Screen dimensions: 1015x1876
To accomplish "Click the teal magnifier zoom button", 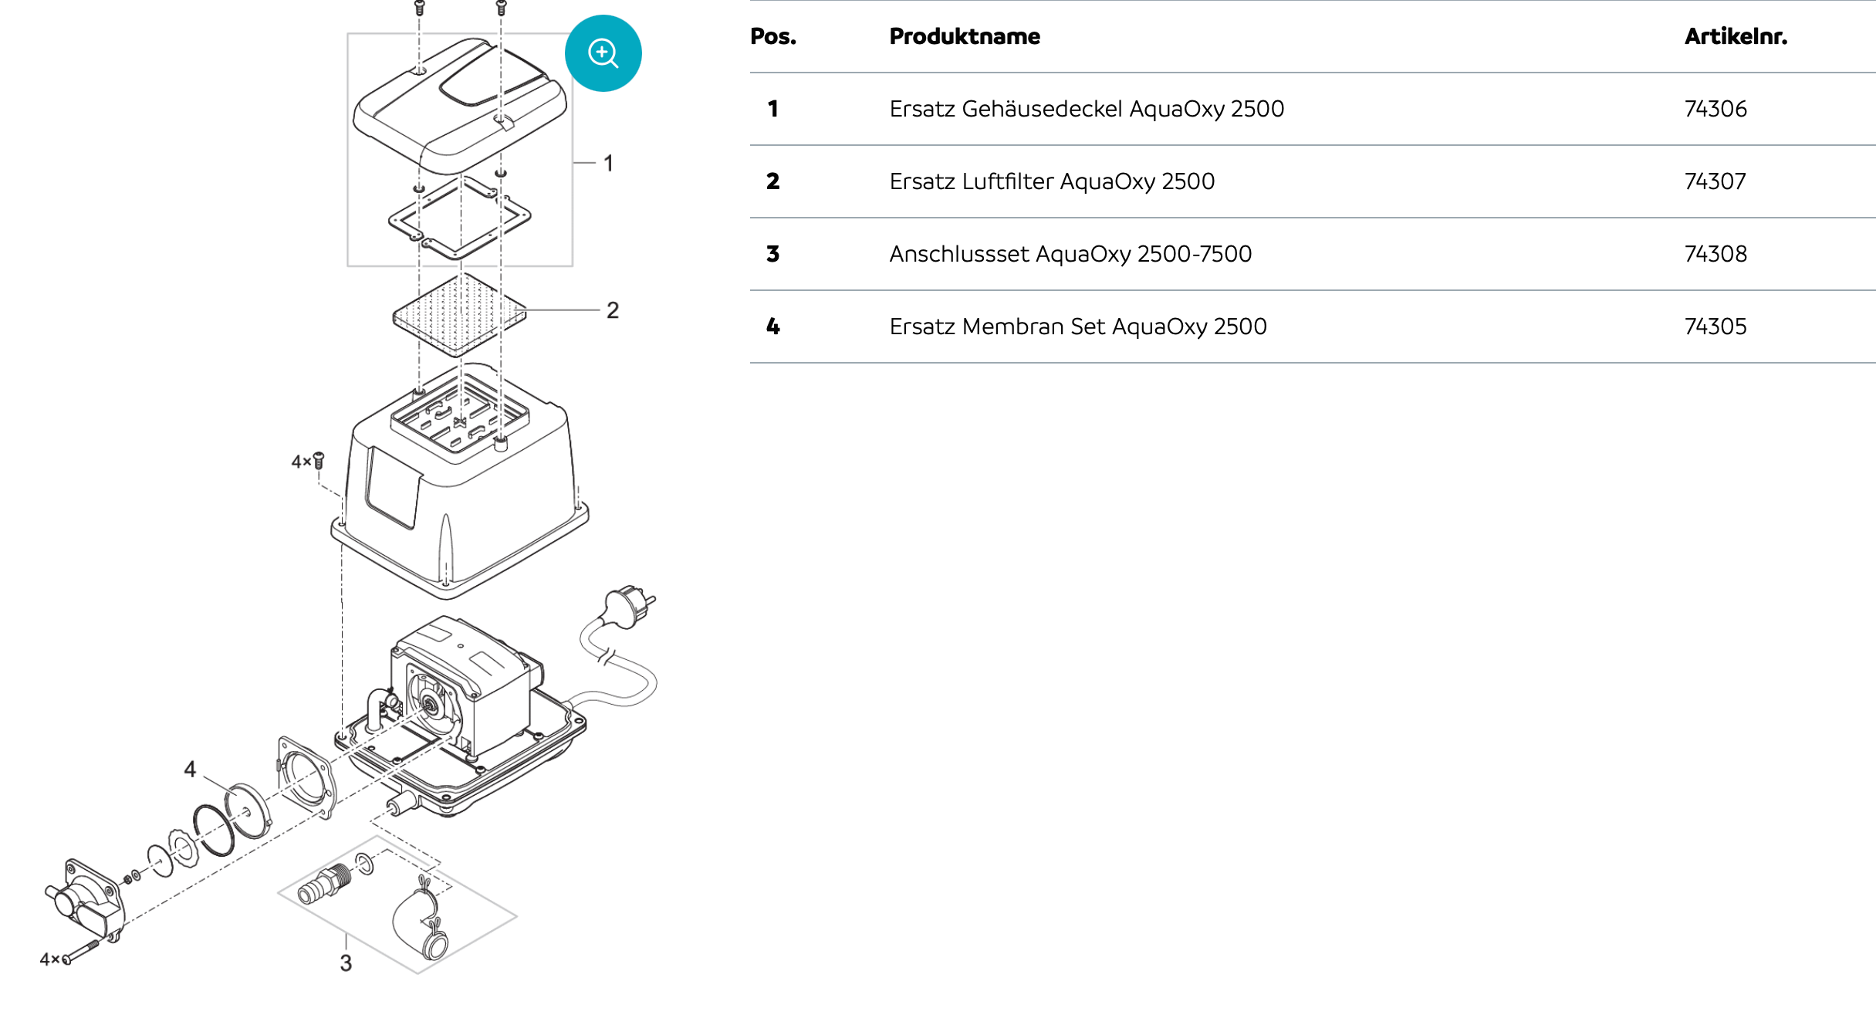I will pos(603,53).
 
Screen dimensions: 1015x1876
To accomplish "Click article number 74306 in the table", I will pos(1715,109).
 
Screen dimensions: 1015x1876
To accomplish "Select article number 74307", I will pos(1715,181).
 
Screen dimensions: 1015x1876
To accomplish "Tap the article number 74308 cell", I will pos(1715,254).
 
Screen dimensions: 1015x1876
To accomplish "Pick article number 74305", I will pos(1715,326).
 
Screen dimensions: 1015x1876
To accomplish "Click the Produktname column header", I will pos(964,36).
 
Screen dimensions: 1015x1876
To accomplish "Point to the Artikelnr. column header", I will pos(1735,36).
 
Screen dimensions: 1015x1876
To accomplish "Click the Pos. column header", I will pos(772,36).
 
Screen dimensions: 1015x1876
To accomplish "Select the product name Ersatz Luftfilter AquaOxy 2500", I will pos(1051,181).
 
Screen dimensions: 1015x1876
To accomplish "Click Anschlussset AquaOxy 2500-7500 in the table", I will pos(1070,254).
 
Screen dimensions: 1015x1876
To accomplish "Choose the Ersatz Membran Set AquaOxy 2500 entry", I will pos(1077,326).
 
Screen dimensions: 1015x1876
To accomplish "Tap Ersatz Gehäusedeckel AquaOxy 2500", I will pos(1086,109).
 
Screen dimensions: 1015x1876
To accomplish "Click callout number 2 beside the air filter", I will pos(612,310).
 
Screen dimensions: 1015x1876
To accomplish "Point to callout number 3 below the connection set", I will pos(346,963).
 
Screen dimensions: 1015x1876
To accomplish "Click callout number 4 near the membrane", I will pos(190,769).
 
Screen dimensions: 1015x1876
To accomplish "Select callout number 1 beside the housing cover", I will pos(608,164).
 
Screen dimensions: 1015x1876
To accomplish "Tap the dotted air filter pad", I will pos(459,315).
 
